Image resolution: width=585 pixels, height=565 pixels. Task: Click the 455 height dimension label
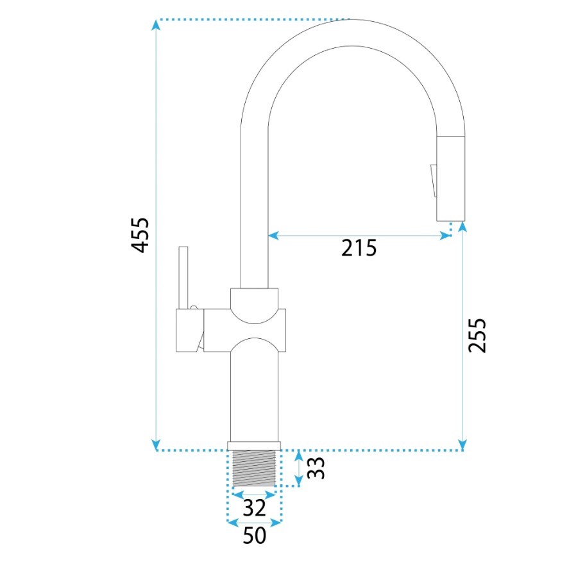click(140, 235)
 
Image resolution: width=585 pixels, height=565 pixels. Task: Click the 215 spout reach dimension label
click(359, 248)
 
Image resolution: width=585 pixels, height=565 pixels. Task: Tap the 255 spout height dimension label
click(477, 335)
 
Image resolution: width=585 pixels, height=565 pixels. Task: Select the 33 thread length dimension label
click(316, 468)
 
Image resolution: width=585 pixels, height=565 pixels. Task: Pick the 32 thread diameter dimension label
click(254, 507)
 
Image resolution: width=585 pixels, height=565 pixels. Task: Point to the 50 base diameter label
click(254, 535)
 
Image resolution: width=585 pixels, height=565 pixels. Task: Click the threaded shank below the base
click(254, 468)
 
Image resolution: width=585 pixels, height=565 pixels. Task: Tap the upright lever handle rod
click(183, 277)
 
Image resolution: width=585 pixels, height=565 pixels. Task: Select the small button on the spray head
click(434, 181)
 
